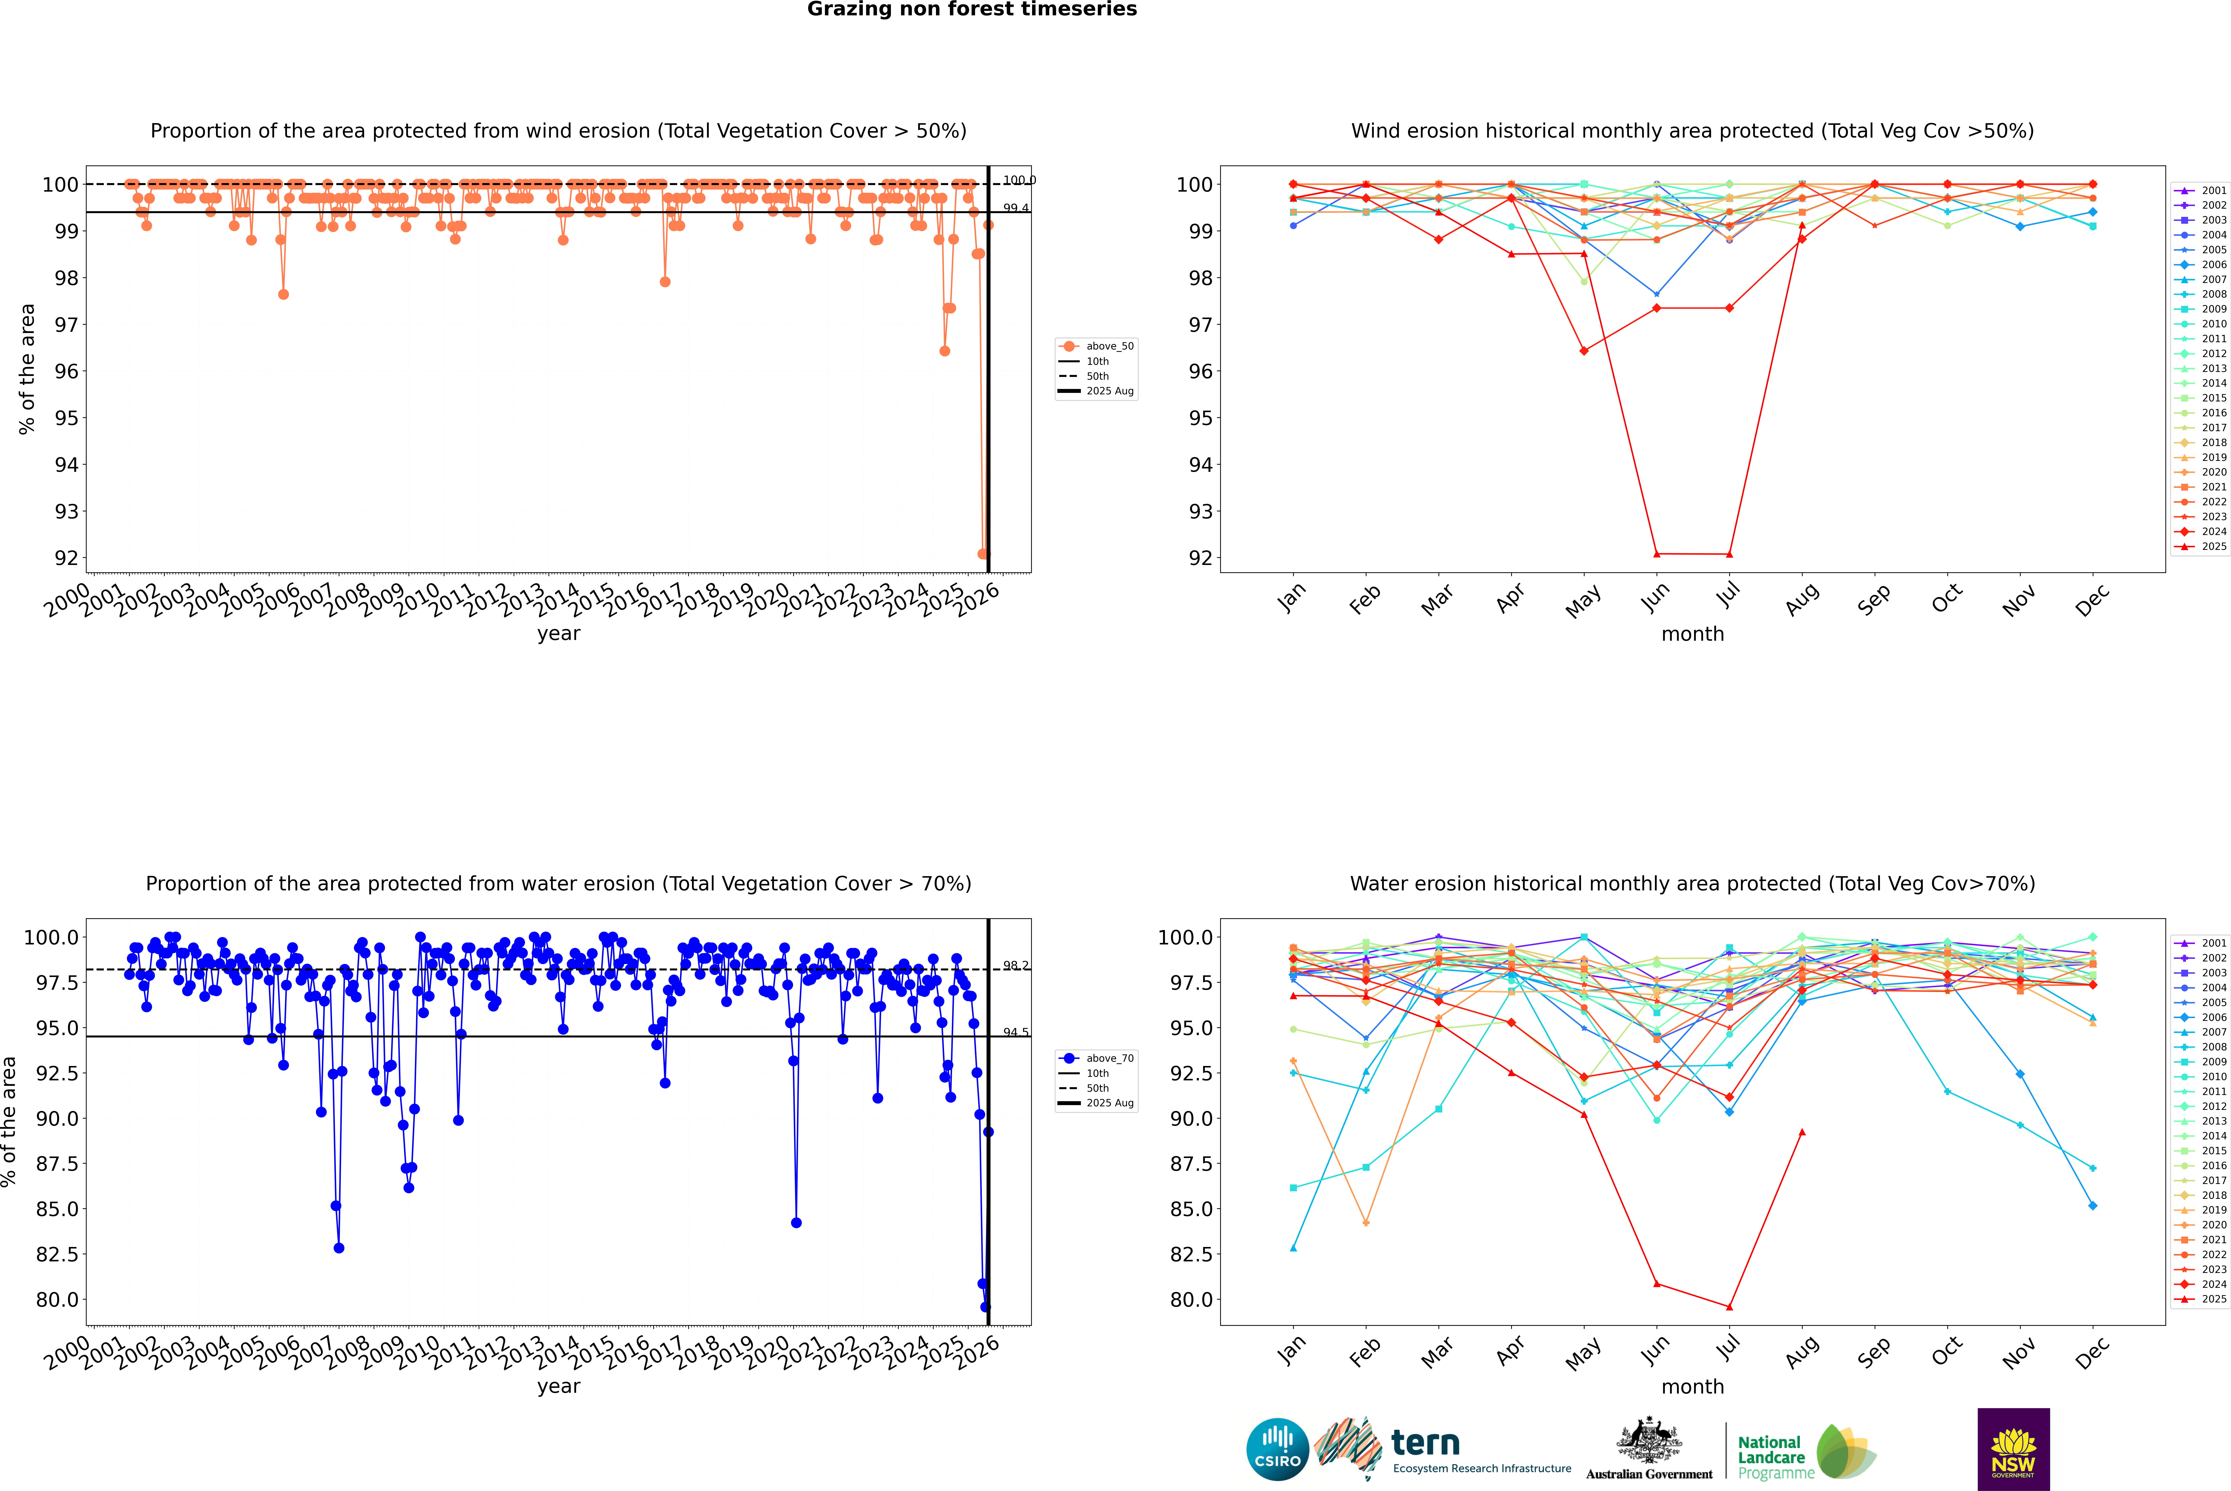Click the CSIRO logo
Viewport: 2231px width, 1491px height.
[x=1277, y=1449]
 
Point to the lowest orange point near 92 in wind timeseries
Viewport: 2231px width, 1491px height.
[x=982, y=553]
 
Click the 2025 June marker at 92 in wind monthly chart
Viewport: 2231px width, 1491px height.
[x=1657, y=553]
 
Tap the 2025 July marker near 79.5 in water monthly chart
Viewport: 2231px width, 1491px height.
[x=1729, y=1306]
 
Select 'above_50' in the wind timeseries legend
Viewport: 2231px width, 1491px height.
[x=1109, y=346]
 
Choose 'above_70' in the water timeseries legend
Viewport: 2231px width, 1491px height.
[x=1109, y=1058]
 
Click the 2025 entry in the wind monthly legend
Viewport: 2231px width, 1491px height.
[x=2213, y=547]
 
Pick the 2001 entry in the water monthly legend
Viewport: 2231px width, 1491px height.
[x=2213, y=943]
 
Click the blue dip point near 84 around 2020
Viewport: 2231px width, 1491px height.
[x=796, y=1223]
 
